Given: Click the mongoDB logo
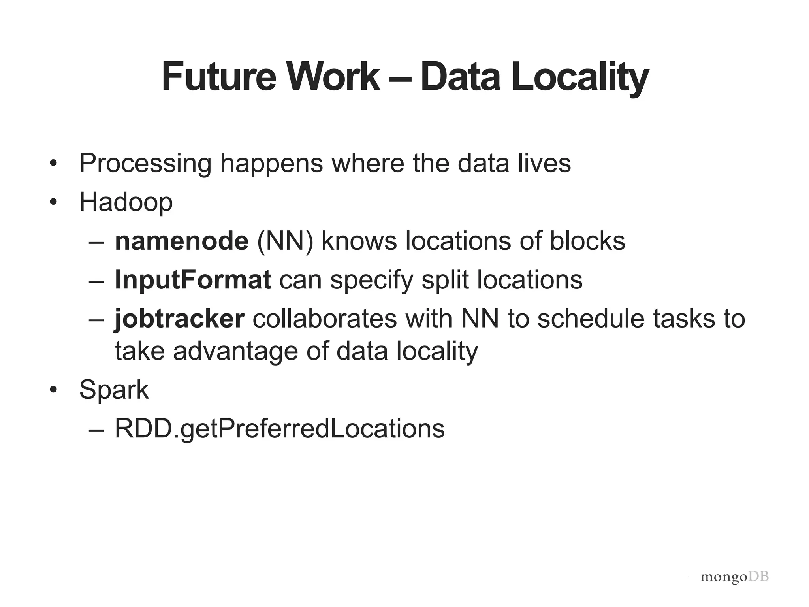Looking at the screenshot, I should pos(734,577).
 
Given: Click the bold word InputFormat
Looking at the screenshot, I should pos(193,280).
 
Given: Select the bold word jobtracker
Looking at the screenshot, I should pos(180,319).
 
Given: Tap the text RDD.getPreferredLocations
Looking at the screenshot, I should pos(280,428).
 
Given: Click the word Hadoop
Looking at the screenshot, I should pos(126,202).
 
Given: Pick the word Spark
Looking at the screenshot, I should pos(114,390).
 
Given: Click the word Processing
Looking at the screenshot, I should pos(145,163).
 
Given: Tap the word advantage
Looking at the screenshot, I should pos(235,351).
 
